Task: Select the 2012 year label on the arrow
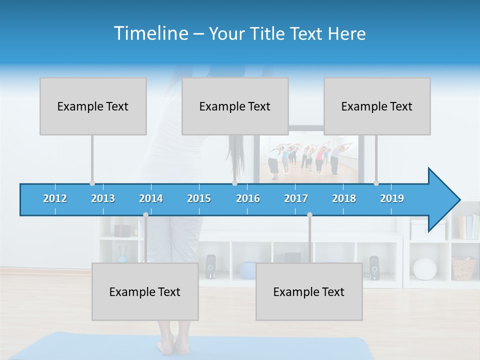point(55,198)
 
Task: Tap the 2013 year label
point(103,198)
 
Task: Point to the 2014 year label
point(151,198)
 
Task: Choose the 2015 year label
point(199,198)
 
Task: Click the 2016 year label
point(248,198)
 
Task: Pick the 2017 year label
point(296,198)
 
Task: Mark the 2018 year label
point(344,198)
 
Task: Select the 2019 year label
point(392,198)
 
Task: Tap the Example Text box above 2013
point(93,106)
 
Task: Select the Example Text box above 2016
point(235,106)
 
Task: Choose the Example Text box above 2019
point(377,106)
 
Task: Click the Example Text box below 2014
point(145,292)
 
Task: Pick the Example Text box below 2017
point(309,292)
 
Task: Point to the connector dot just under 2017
point(309,214)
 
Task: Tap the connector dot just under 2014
point(145,214)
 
